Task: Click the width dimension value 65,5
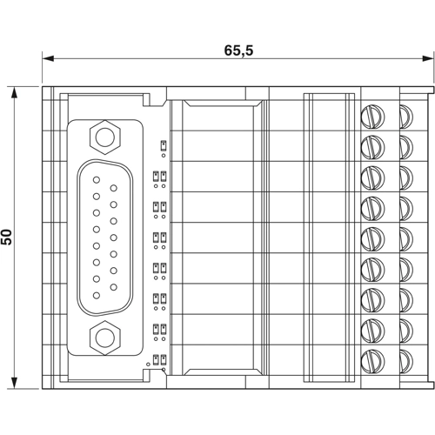[238, 50]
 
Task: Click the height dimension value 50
[7, 236]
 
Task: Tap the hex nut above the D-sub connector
[104, 136]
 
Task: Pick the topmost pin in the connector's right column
[113, 189]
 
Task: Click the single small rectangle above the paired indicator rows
[162, 144]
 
